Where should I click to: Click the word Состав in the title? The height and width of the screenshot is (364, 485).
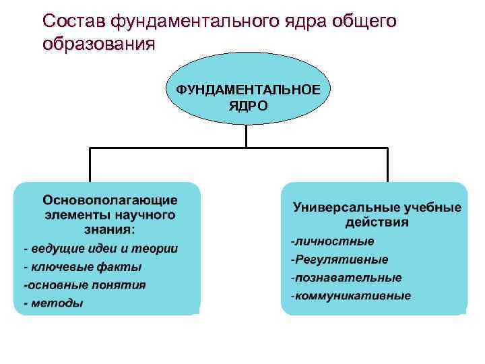73,22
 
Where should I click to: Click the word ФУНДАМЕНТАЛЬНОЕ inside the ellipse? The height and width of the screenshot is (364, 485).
248,90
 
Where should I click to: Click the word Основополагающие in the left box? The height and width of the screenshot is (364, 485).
110,200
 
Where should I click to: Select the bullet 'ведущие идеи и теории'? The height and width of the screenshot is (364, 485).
101,249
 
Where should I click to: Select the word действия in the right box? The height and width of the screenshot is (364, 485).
376,222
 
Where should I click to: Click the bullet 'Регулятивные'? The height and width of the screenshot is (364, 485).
339,260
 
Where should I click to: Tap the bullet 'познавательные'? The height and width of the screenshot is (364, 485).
346,278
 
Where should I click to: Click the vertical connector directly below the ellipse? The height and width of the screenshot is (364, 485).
247,137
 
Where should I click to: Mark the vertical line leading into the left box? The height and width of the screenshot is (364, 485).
91,164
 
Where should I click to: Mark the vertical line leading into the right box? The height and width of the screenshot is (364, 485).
387,164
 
